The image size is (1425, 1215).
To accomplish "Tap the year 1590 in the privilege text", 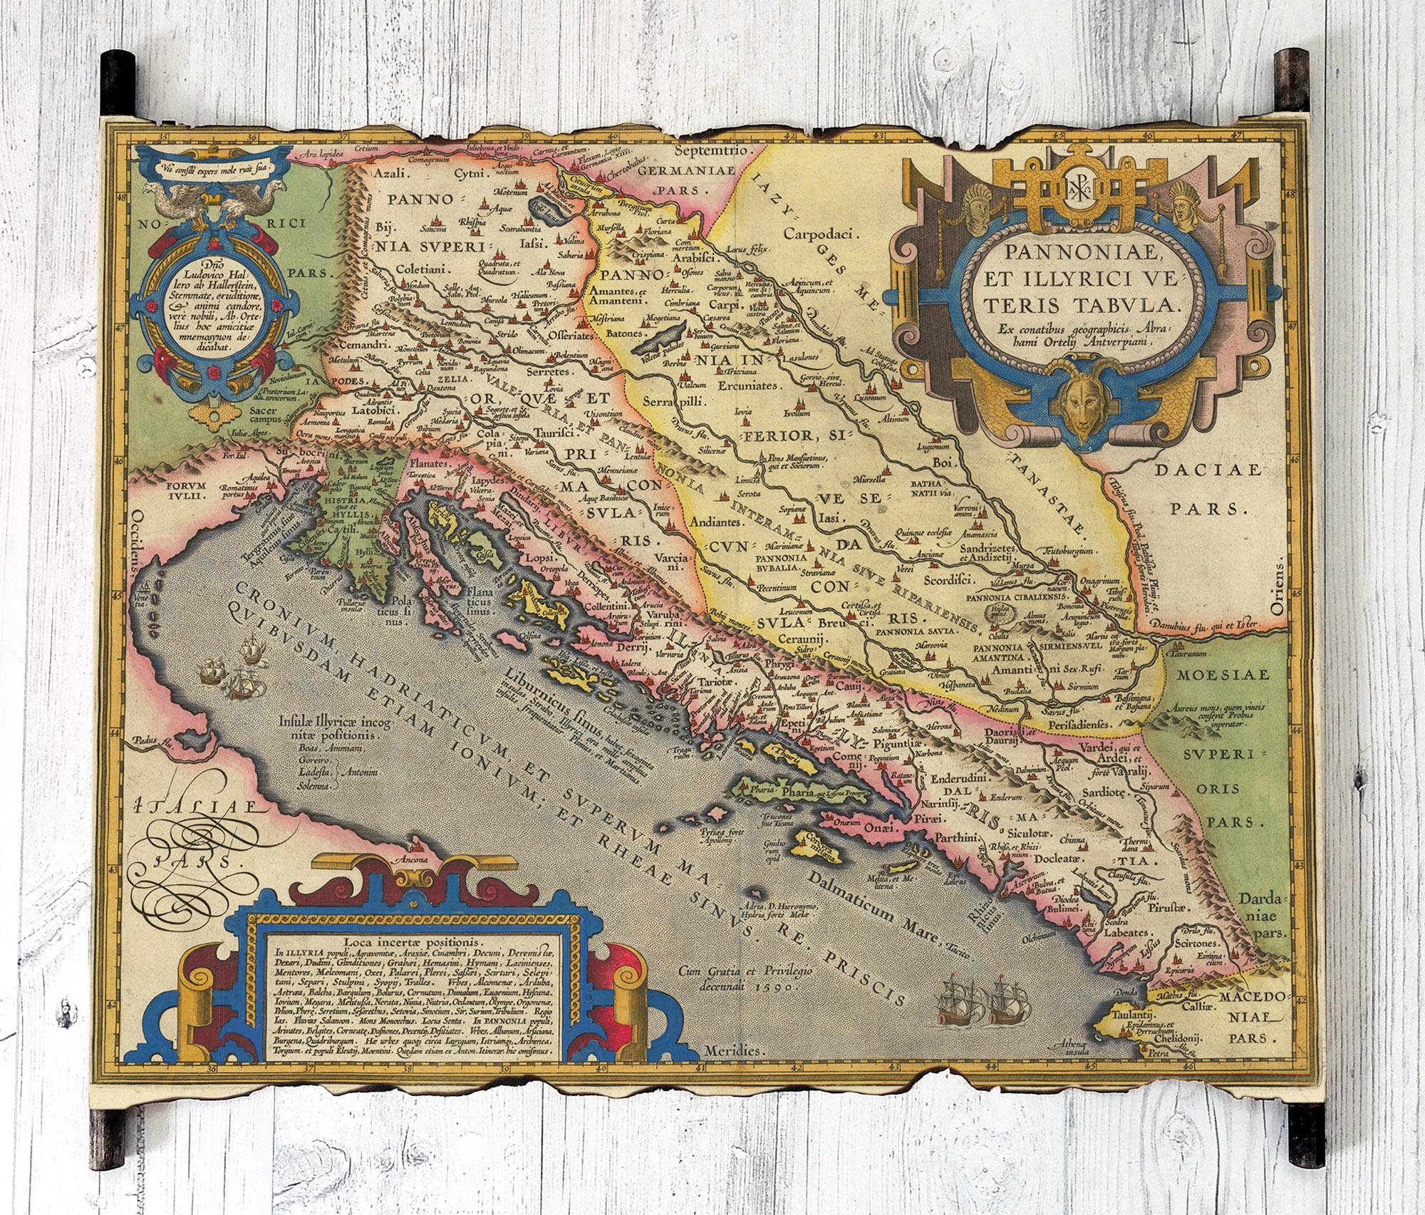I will pos(781,988).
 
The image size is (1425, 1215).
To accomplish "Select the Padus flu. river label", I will pos(141,743).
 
